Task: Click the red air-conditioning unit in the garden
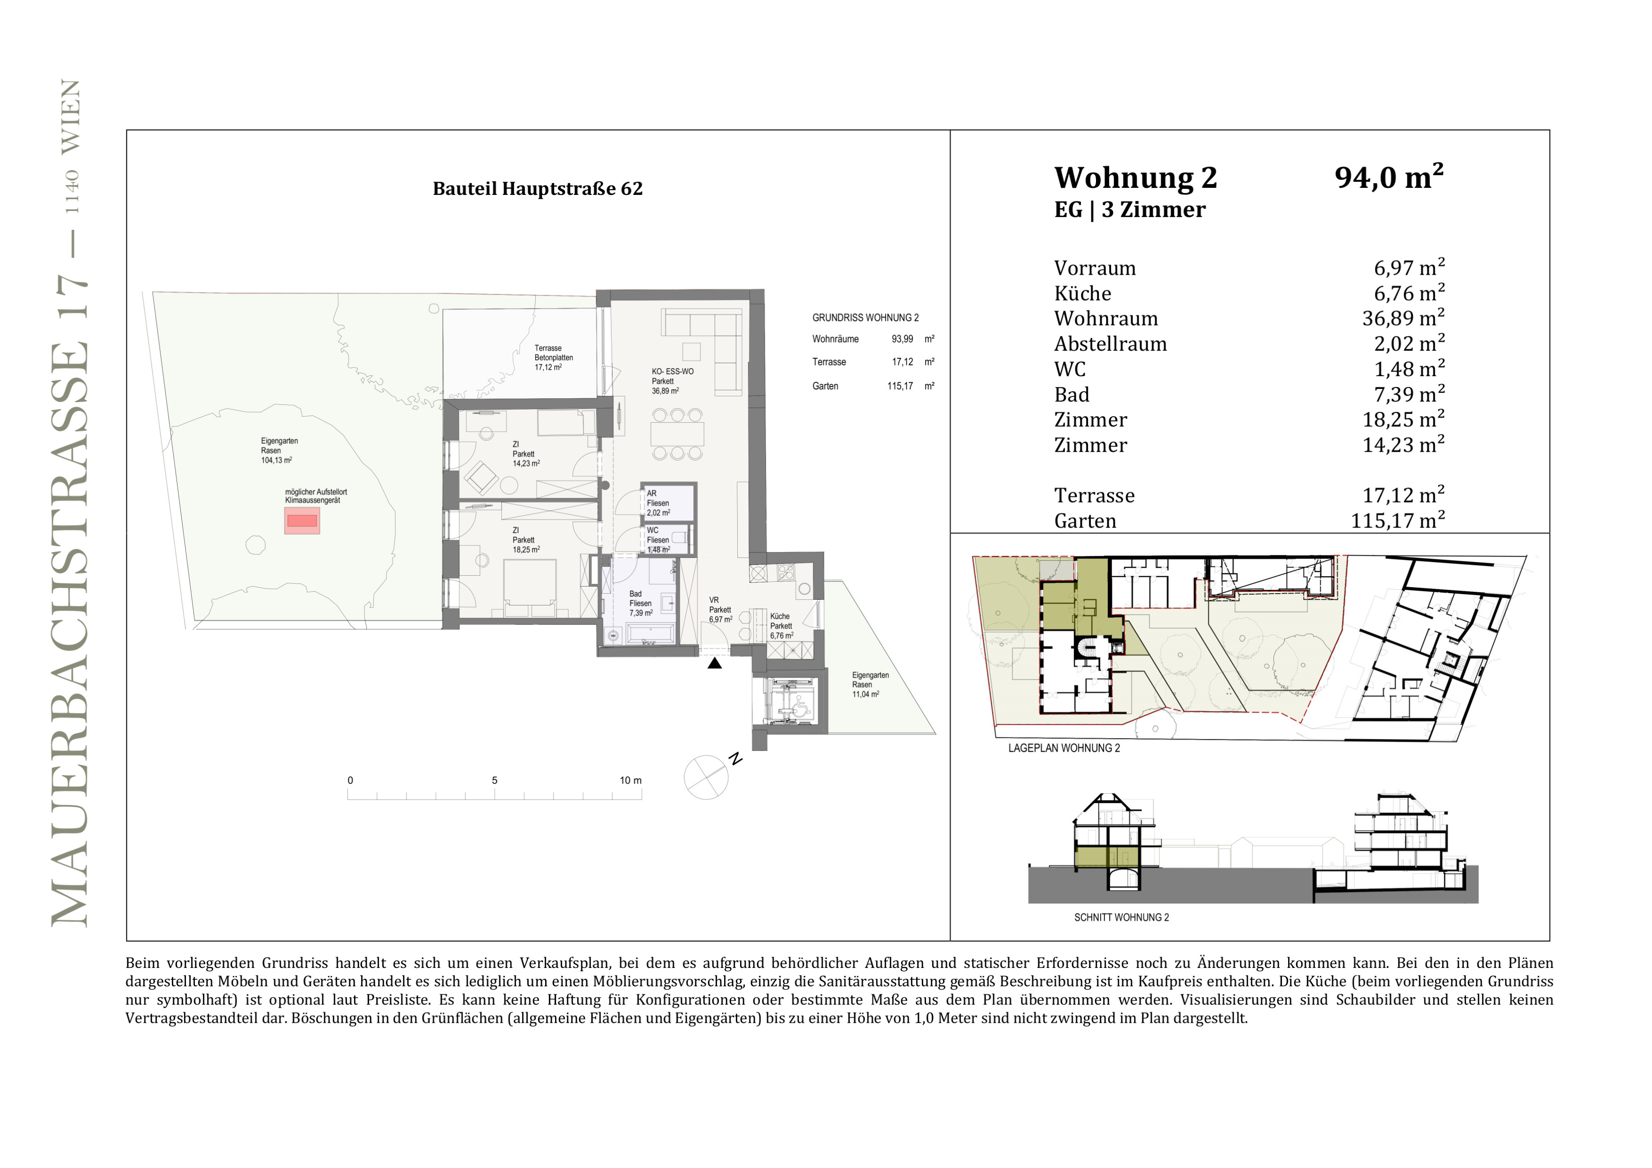point(302,520)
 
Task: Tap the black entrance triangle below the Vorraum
point(715,663)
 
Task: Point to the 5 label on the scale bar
point(494,781)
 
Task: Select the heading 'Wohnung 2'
point(1135,177)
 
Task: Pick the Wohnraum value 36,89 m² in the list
point(1404,318)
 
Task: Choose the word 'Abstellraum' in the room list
point(1110,344)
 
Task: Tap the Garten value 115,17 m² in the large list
point(1398,520)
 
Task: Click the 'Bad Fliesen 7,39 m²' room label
point(641,604)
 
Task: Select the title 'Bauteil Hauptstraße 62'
point(538,188)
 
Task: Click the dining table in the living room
point(677,434)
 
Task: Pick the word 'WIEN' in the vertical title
point(71,117)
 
